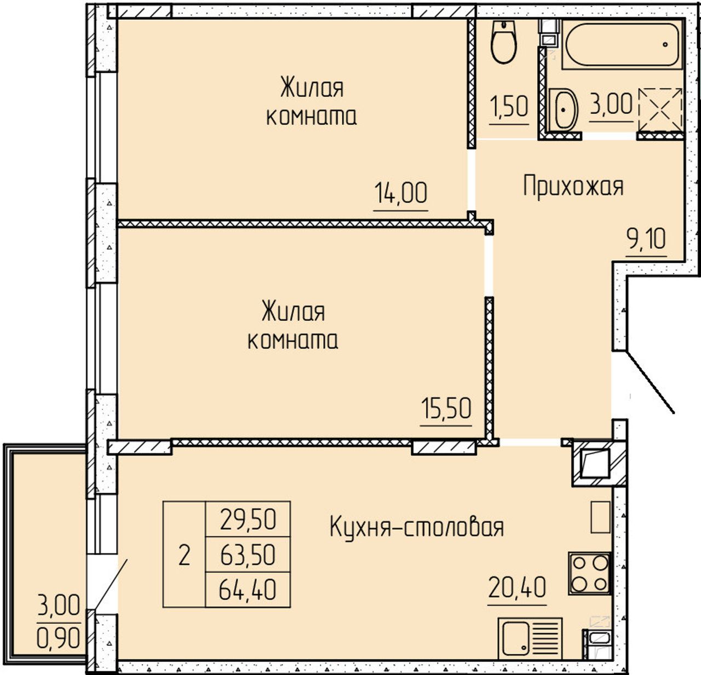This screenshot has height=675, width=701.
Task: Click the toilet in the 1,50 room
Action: (504, 42)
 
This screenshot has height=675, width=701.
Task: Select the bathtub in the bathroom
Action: (622, 44)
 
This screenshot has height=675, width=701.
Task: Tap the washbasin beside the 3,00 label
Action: (564, 110)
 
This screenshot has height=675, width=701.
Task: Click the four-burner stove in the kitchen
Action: (590, 573)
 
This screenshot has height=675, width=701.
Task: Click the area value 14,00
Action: (400, 193)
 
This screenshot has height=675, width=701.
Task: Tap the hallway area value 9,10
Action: (646, 239)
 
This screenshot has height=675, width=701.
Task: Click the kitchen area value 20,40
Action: (518, 587)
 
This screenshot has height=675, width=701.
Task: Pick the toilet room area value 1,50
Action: (509, 107)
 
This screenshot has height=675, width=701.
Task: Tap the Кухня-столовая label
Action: (417, 527)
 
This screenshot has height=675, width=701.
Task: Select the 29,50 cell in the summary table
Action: (248, 520)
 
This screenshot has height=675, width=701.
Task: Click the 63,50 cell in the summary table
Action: (248, 555)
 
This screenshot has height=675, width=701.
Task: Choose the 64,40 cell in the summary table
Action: (248, 590)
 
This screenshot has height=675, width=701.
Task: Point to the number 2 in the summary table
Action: (184, 555)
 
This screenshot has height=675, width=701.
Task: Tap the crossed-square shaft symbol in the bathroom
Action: (660, 110)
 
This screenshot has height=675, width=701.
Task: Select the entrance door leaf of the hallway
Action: (650, 382)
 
